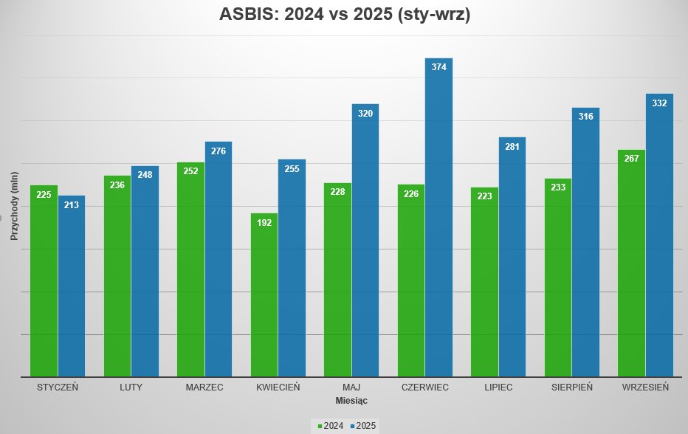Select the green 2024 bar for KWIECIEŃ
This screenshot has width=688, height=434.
tap(264, 295)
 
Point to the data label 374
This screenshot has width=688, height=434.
tap(438, 66)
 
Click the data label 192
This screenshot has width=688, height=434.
tap(264, 222)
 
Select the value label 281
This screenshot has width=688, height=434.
tap(512, 146)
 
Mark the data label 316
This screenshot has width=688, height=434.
tap(586, 116)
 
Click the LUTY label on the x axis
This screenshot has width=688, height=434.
tap(131, 387)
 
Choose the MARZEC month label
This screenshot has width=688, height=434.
tap(204, 387)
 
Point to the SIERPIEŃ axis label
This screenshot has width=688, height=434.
tap(572, 387)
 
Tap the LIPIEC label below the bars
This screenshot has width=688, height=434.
tap(498, 387)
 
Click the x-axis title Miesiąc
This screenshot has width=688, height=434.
tap(351, 400)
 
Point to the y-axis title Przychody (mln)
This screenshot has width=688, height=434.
tap(13, 206)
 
